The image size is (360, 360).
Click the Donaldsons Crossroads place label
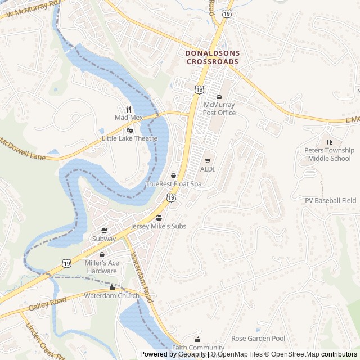pyautogui.click(x=213, y=57)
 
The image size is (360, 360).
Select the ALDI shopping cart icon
pyautogui.click(x=208, y=161)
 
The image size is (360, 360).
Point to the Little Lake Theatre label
pyautogui.click(x=129, y=138)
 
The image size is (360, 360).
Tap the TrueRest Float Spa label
pyautogui.click(x=173, y=183)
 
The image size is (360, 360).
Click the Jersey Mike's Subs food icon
pyautogui.click(x=159, y=218)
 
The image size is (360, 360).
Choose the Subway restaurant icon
pyautogui.click(x=104, y=230)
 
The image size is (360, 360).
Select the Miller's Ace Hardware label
pyautogui.click(x=101, y=267)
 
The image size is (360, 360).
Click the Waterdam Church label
pyautogui.click(x=111, y=295)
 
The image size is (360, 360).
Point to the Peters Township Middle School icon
pyautogui.click(x=330, y=142)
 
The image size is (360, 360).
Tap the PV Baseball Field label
pyautogui.click(x=331, y=200)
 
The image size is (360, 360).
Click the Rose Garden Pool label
pyautogui.click(x=258, y=339)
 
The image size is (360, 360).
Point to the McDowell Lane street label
pyautogui.click(x=22, y=148)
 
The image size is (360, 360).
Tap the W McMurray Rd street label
pyautogui.click(x=30, y=10)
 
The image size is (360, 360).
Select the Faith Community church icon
pyautogui.click(x=198, y=339)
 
